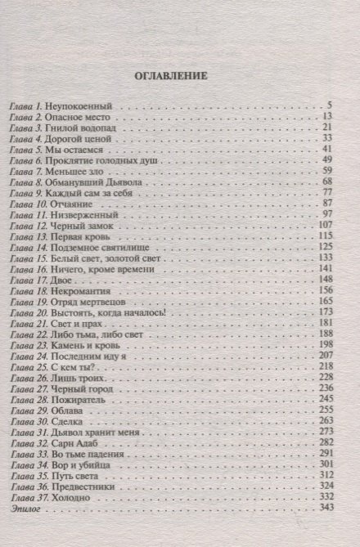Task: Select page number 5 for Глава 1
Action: pyautogui.click(x=326, y=106)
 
